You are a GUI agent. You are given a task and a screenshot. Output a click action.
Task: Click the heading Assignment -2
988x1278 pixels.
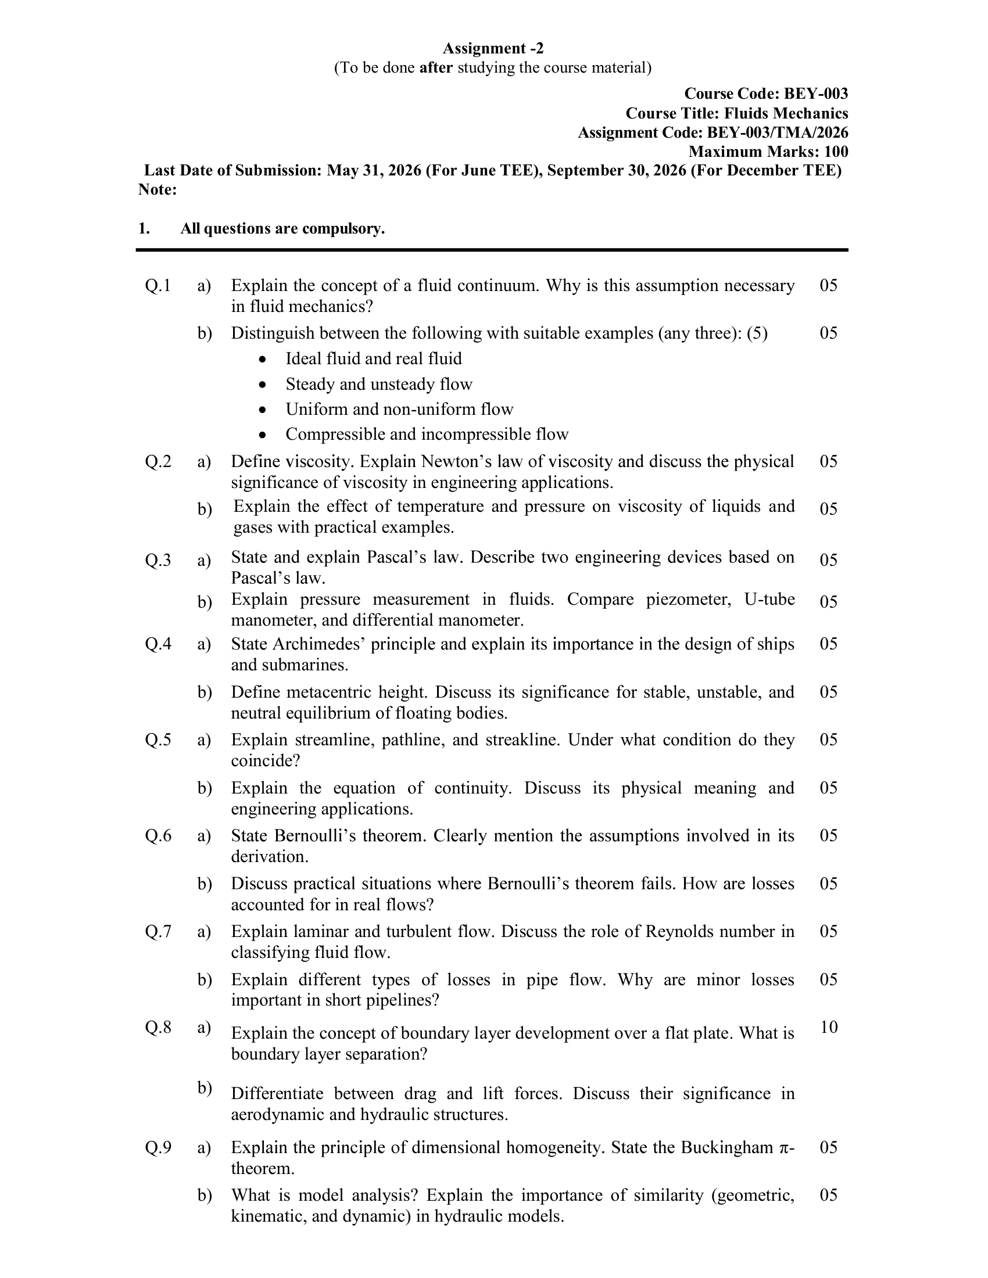click(493, 48)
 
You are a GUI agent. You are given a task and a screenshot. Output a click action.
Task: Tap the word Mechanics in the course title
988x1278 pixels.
click(810, 113)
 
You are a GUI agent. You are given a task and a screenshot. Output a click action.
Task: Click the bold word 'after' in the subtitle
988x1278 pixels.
click(436, 68)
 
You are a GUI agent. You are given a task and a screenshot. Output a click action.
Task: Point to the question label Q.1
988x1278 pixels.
click(158, 286)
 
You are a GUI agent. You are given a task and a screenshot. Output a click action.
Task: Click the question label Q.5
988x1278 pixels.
click(158, 739)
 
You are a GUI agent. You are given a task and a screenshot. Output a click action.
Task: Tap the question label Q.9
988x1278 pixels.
click(158, 1147)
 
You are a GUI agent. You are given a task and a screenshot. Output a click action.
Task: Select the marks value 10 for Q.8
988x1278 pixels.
click(829, 1027)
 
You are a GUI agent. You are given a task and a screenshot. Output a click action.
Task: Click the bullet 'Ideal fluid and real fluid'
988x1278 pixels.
click(374, 358)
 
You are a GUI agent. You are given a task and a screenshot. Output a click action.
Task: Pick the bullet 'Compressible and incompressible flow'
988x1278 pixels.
click(427, 434)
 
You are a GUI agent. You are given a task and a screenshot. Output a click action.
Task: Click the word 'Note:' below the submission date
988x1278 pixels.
click(157, 189)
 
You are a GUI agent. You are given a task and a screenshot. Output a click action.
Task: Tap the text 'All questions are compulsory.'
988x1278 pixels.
click(282, 229)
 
